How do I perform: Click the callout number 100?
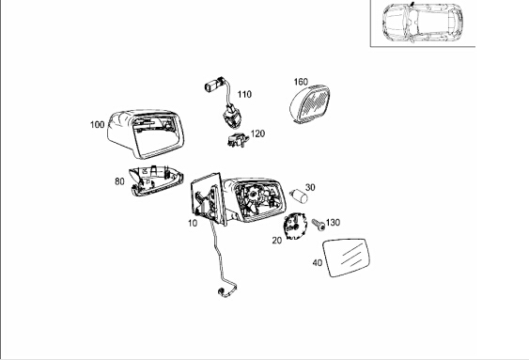coord(97,125)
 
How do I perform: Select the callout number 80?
coord(119,181)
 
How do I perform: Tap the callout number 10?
coord(193,223)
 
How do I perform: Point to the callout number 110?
coord(244,94)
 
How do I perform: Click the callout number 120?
coord(257,133)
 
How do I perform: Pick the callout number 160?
coord(301,82)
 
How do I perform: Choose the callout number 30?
coord(310,187)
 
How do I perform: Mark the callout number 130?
coord(333,223)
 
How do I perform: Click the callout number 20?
coord(276,241)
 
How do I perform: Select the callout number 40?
coord(318,263)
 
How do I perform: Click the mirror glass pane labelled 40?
coord(346,258)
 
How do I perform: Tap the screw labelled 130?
coord(319,225)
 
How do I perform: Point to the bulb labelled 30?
coord(299,196)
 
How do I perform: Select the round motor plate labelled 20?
coord(294,226)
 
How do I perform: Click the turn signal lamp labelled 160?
coord(310,103)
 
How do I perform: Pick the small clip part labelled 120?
coord(238,140)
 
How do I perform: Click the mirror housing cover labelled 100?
coord(146,134)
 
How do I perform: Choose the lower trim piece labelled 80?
coord(156,180)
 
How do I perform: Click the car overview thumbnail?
coord(423,23)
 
